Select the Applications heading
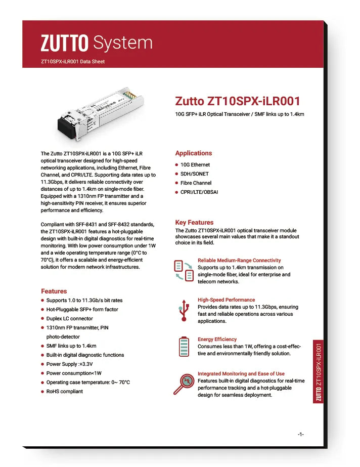pos(193,153)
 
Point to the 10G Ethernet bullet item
pos(195,165)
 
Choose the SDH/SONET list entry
pos(195,174)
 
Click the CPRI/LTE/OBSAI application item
pos(199,192)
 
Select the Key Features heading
pos(194,223)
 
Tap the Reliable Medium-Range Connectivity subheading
pos(239,261)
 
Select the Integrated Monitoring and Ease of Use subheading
pos(241,374)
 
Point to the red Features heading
pos(54,291)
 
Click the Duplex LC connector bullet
pos(69,319)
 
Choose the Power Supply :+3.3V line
pos(69,364)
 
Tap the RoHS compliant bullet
pos(64,392)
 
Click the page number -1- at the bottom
pos(300,434)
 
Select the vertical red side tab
pos(319,372)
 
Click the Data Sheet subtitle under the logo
pos(72,62)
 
